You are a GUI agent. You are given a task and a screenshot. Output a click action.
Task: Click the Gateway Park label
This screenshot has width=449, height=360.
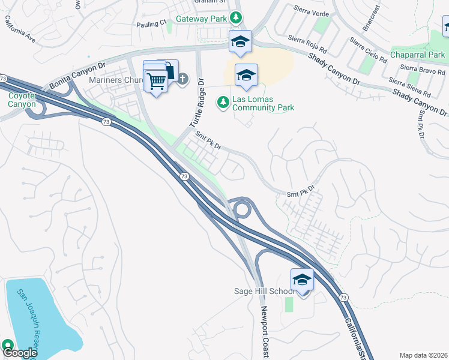tap(201, 19)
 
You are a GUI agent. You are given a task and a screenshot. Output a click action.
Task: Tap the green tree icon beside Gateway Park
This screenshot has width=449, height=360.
tap(238, 18)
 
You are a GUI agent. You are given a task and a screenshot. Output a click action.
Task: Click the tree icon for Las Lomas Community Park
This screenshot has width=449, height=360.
tap(223, 103)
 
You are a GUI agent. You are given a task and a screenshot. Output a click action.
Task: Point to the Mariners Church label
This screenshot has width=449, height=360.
tap(114, 80)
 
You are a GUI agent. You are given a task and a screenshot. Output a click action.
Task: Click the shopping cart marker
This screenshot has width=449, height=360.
tap(156, 80)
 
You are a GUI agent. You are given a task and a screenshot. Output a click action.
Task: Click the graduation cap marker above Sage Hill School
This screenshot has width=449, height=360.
tap(302, 280)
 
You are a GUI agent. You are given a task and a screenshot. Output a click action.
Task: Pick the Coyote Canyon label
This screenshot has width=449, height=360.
tap(22, 100)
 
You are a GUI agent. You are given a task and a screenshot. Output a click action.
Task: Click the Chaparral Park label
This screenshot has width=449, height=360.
tap(417, 55)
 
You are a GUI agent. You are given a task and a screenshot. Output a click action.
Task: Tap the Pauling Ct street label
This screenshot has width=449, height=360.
tap(151, 23)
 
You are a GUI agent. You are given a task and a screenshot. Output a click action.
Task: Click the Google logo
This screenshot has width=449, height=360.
tap(20, 353)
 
